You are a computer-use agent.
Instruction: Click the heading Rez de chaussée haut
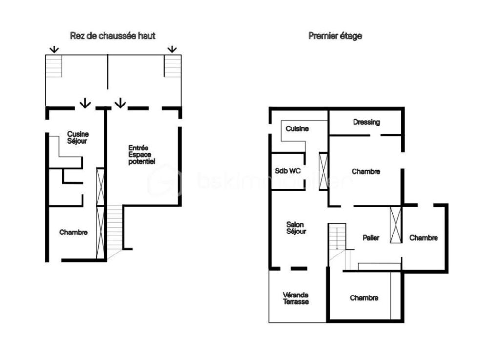113,36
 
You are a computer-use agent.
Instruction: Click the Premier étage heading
335,36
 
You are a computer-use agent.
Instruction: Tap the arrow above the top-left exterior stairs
54,49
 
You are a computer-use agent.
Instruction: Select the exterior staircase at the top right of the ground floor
172,66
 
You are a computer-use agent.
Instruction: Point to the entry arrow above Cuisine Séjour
85,103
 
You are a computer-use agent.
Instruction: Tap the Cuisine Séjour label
78,137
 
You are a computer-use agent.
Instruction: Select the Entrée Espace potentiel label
142,154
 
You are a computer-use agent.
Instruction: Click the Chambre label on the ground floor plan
73,232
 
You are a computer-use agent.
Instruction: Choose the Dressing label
366,122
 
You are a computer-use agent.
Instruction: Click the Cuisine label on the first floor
297,129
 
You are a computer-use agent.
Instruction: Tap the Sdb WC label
288,171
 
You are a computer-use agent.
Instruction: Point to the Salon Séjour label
296,228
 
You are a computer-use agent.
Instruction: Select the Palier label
371,238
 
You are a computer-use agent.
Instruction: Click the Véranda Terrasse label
295,298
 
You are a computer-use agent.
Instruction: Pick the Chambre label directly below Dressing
366,171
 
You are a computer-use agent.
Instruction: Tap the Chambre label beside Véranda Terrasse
364,298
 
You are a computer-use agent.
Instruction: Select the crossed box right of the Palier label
396,224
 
